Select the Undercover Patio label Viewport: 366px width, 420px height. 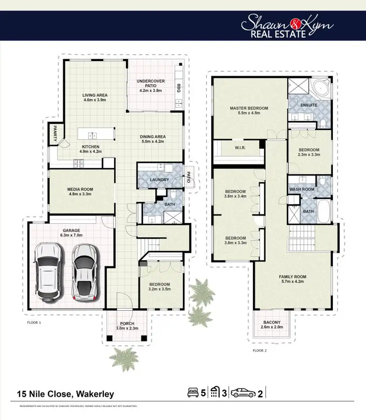[150, 83]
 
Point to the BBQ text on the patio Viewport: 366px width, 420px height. [179, 88]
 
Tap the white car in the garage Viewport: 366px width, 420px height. [49, 271]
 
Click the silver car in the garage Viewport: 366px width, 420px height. [84, 271]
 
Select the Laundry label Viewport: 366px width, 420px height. [160, 180]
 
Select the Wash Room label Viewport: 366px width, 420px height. [302, 189]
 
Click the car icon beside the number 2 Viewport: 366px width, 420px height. [244, 393]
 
